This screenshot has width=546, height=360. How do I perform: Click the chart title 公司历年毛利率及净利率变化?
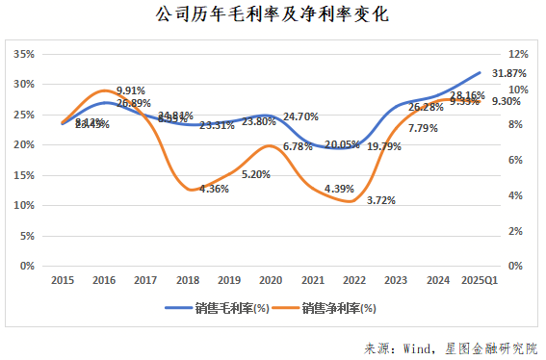click(x=273, y=16)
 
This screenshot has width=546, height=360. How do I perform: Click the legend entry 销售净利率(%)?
click(x=325, y=309)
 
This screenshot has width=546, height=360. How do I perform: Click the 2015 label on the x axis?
click(x=64, y=279)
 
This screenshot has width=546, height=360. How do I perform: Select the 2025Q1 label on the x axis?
click(x=479, y=279)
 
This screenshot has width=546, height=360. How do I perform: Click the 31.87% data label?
click(x=508, y=73)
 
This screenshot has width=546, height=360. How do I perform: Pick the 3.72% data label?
click(x=380, y=200)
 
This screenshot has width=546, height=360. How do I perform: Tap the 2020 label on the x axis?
click(x=271, y=279)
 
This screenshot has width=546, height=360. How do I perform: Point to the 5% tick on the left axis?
click(x=28, y=236)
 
